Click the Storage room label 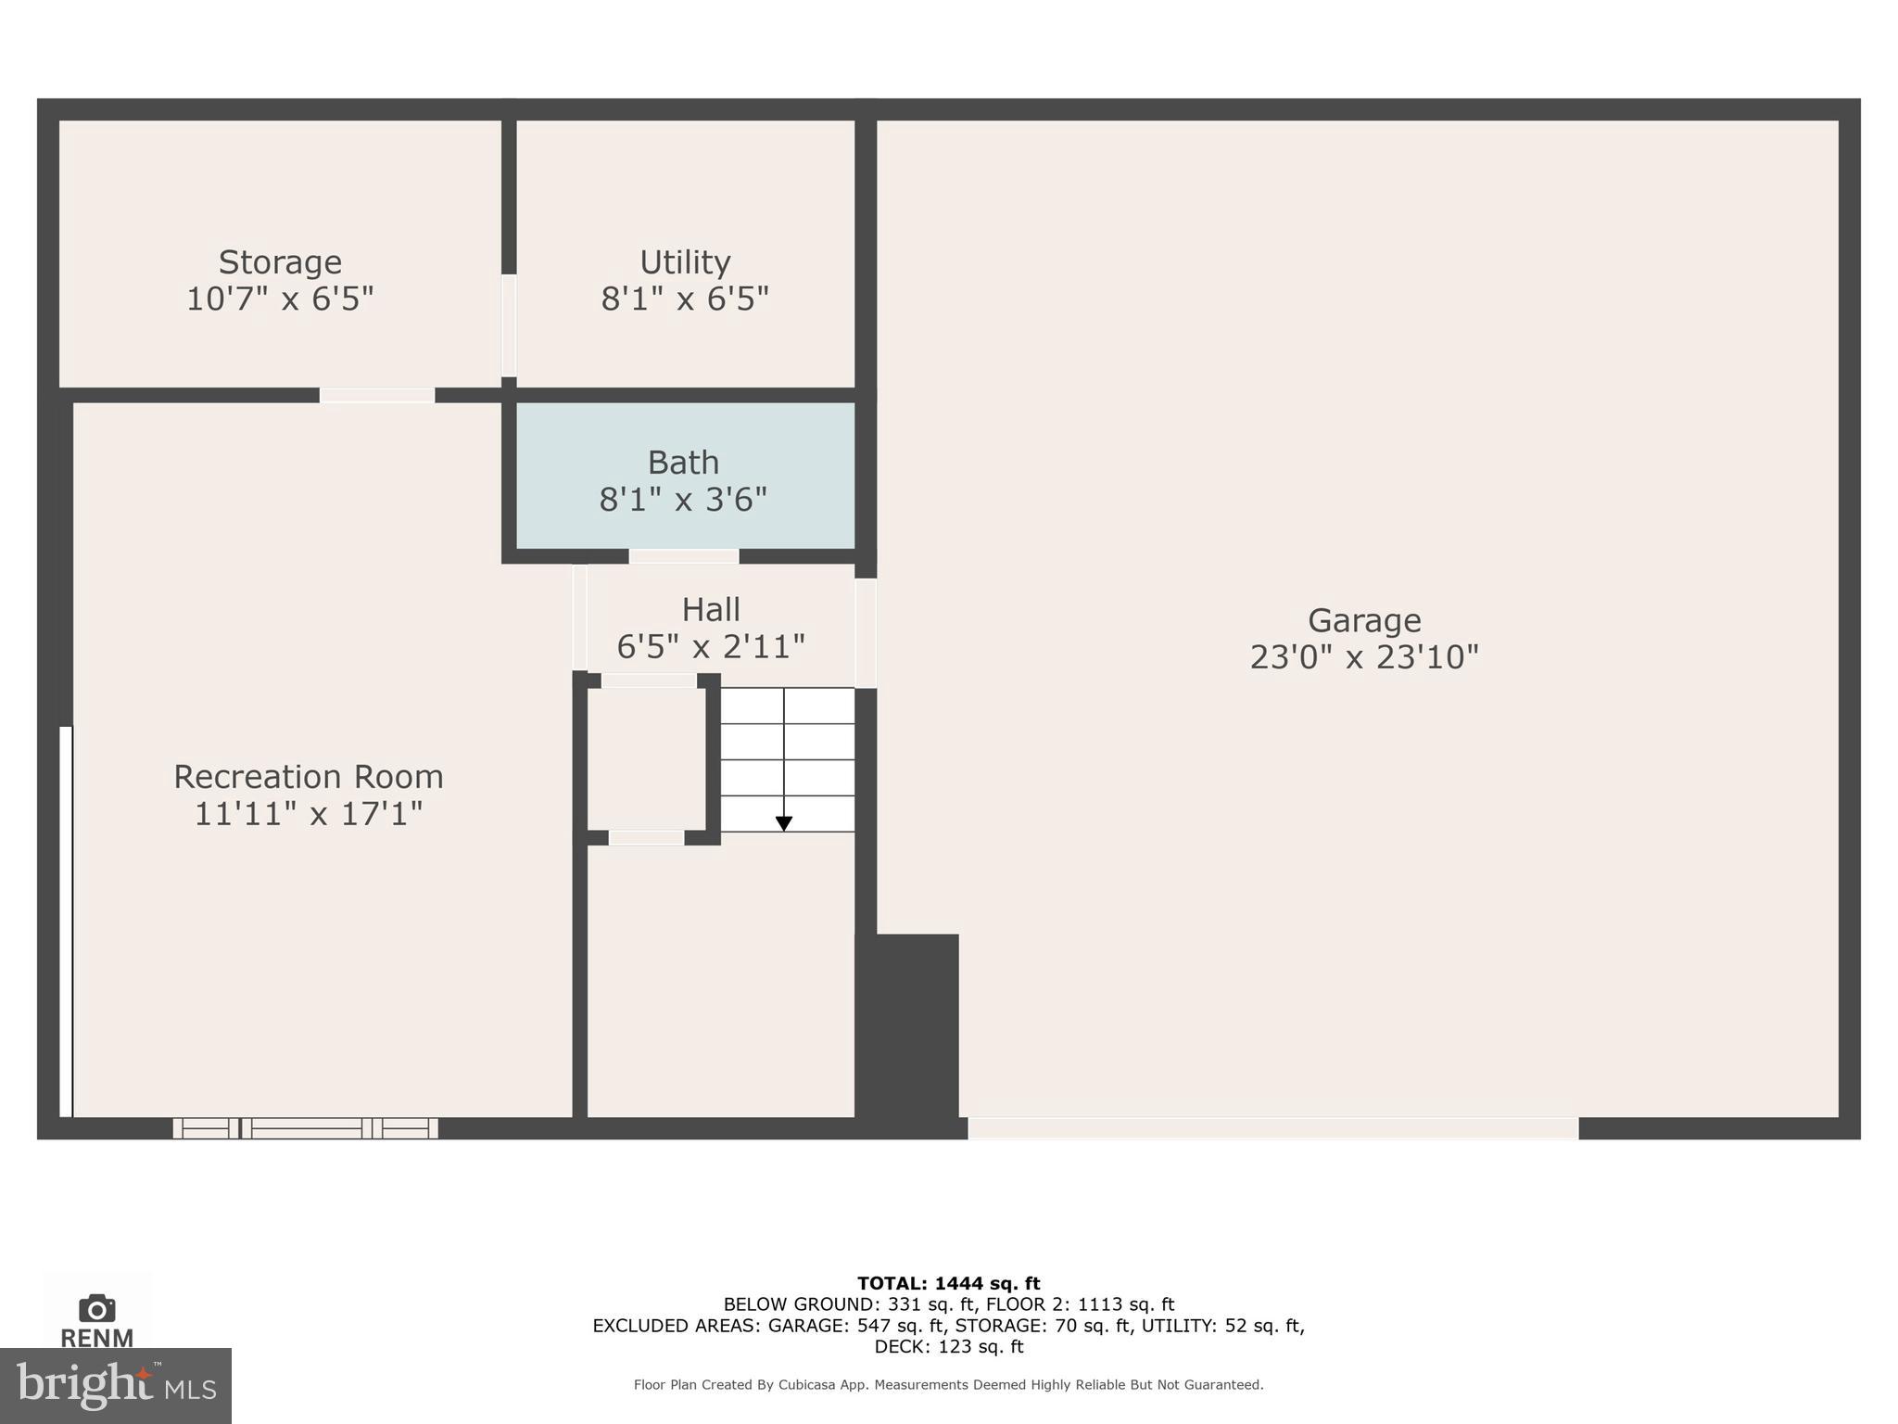pyautogui.click(x=280, y=262)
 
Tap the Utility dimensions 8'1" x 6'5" pyautogui.click(x=685, y=299)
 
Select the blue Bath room pyautogui.click(x=685, y=477)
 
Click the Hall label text pyautogui.click(x=711, y=610)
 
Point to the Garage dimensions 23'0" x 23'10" pyautogui.click(x=1363, y=657)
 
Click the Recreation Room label pyautogui.click(x=308, y=777)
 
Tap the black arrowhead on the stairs pyautogui.click(x=784, y=823)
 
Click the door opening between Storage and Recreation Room pyautogui.click(x=377, y=396)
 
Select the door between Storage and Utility pyautogui.click(x=509, y=325)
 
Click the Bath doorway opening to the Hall pyautogui.click(x=684, y=556)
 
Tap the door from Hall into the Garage pyautogui.click(x=866, y=633)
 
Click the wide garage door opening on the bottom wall pyautogui.click(x=1272, y=1128)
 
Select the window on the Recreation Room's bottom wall pyautogui.click(x=306, y=1128)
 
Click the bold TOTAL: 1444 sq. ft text pyautogui.click(x=948, y=1283)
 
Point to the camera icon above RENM pyautogui.click(x=97, y=1309)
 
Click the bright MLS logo pyautogui.click(x=115, y=1385)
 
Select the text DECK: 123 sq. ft pyautogui.click(x=948, y=1347)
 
